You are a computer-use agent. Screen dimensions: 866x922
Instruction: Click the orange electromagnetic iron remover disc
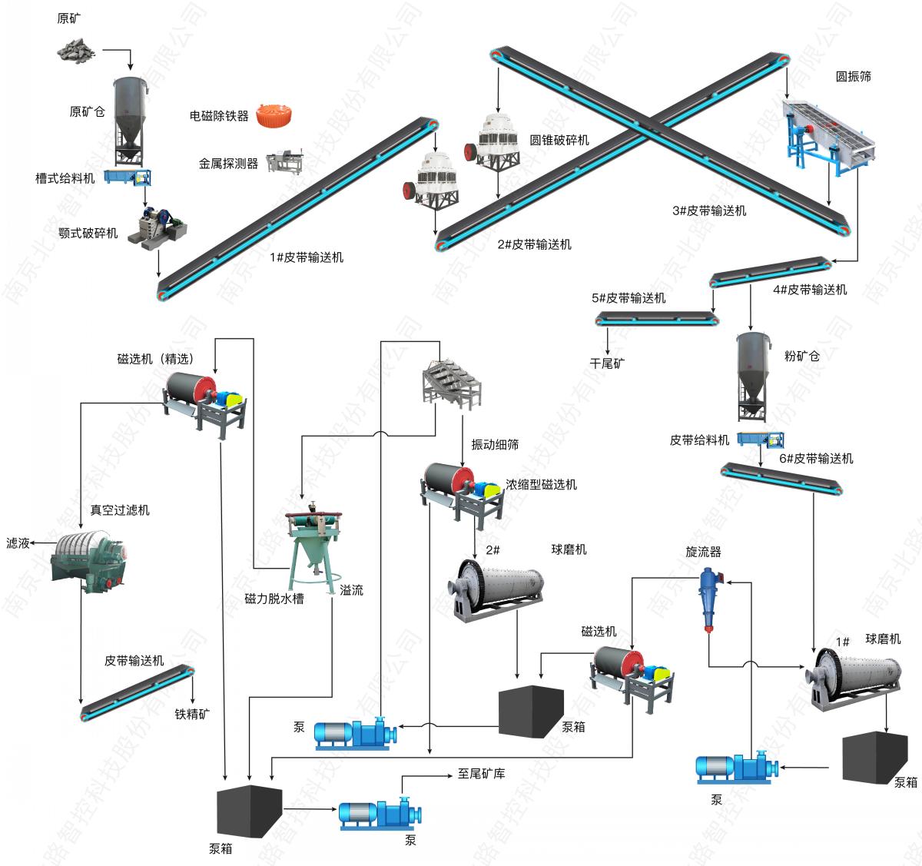(x=276, y=114)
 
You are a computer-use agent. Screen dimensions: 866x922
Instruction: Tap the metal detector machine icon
(x=284, y=162)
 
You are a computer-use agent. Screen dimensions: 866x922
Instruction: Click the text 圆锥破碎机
(x=559, y=140)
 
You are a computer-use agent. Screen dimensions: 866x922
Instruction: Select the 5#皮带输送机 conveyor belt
(x=657, y=317)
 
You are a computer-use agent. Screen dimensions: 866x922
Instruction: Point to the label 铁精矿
(x=192, y=714)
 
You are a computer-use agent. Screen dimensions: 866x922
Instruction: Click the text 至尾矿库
(x=481, y=774)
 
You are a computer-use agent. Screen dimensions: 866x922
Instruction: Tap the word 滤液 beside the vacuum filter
(x=18, y=543)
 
